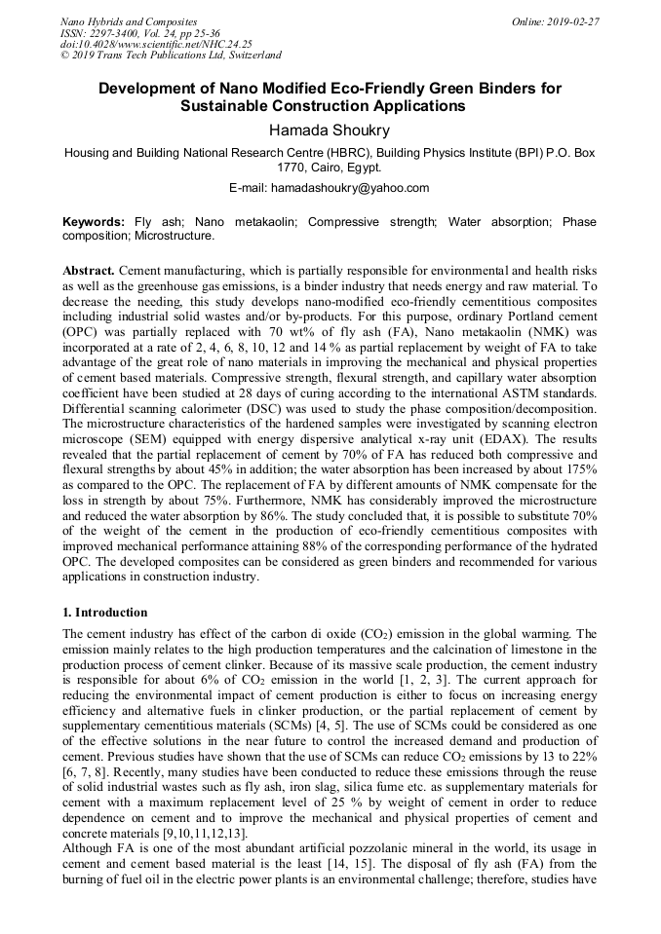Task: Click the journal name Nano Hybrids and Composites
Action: pyautogui.click(x=129, y=20)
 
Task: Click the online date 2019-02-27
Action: pyautogui.click(x=573, y=20)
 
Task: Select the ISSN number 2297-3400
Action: pyautogui.click(x=116, y=32)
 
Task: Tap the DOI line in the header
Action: pyautogui.click(x=156, y=44)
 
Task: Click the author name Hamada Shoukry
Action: pyautogui.click(x=330, y=129)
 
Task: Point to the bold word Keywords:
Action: pyautogui.click(x=94, y=222)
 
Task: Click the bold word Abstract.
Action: pyautogui.click(x=90, y=269)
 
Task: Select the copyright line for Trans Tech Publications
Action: pyautogui.click(x=171, y=56)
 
